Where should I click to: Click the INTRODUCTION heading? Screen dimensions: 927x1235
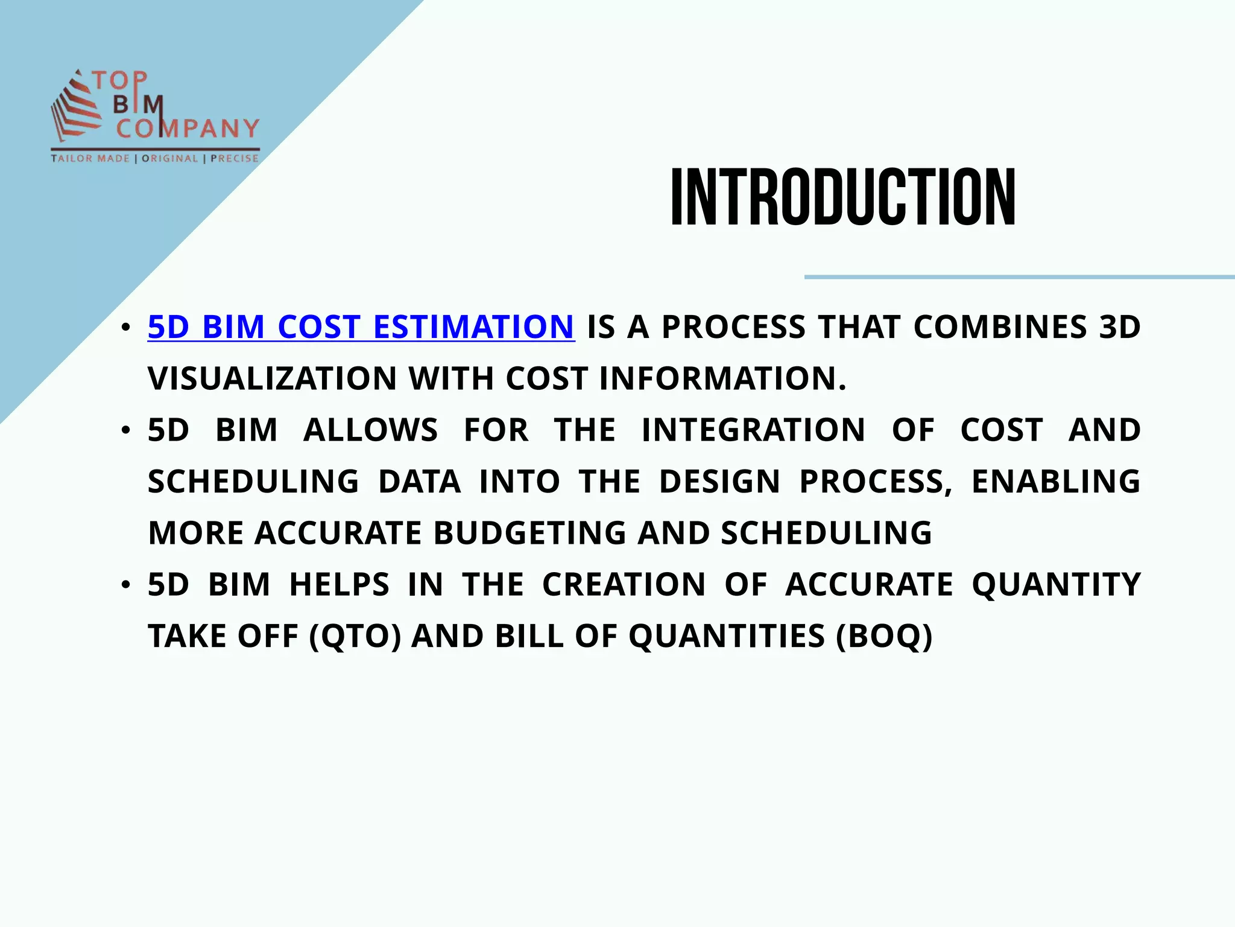pyautogui.click(x=843, y=198)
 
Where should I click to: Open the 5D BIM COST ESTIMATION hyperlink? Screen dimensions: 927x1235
pyautogui.click(x=361, y=327)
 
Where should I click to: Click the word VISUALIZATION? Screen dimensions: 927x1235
pyautogui.click(x=272, y=379)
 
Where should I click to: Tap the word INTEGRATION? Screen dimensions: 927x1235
pyautogui.click(x=753, y=430)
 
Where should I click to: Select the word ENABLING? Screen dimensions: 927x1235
pyautogui.click(x=1055, y=482)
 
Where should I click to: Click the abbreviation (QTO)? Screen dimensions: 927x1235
pyautogui.click(x=355, y=636)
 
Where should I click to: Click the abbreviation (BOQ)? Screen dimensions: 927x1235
pyautogui.click(x=884, y=636)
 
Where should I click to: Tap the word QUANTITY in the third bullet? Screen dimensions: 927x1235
pyautogui.click(x=1056, y=585)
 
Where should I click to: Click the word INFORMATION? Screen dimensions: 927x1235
pyautogui.click(x=722, y=379)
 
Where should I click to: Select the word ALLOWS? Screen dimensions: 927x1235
pyautogui.click(x=370, y=430)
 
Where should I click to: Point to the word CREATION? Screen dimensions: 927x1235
pyautogui.click(x=624, y=585)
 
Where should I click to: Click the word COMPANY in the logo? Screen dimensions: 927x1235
pyautogui.click(x=188, y=129)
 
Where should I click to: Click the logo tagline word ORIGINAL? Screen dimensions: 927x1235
pyautogui.click(x=169, y=159)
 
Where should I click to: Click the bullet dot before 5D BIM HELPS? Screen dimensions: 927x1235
pyautogui.click(x=125, y=585)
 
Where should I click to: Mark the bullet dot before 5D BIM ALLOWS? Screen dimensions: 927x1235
pyautogui.click(x=125, y=430)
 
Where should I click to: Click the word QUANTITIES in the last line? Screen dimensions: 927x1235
pyautogui.click(x=727, y=636)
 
